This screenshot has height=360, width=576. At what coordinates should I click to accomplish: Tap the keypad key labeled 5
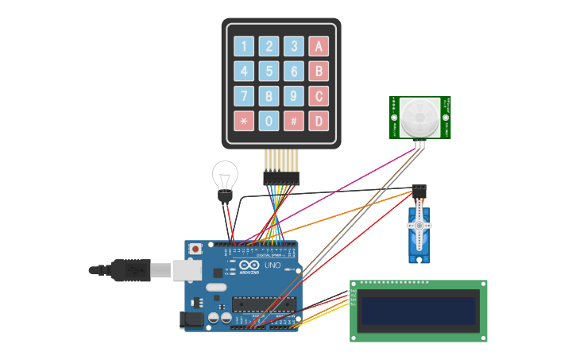tap(269, 72)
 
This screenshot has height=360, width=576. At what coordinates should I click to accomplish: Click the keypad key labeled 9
tap(294, 96)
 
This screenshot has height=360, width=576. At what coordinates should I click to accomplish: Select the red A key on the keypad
tap(319, 46)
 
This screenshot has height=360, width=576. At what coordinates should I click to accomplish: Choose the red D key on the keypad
tap(319, 121)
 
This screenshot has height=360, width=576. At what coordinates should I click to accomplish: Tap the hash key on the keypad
tap(294, 121)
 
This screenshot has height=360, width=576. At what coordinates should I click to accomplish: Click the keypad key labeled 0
tap(269, 121)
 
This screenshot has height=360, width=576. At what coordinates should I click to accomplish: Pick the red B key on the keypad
tap(319, 72)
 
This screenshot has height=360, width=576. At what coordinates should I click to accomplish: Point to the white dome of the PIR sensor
tap(419, 118)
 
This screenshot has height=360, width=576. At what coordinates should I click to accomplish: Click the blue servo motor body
tap(419, 230)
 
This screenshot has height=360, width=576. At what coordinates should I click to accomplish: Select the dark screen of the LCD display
tap(418, 311)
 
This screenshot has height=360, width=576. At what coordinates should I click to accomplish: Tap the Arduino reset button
tap(195, 249)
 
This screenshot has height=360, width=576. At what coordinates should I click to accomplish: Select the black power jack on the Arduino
tap(192, 319)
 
